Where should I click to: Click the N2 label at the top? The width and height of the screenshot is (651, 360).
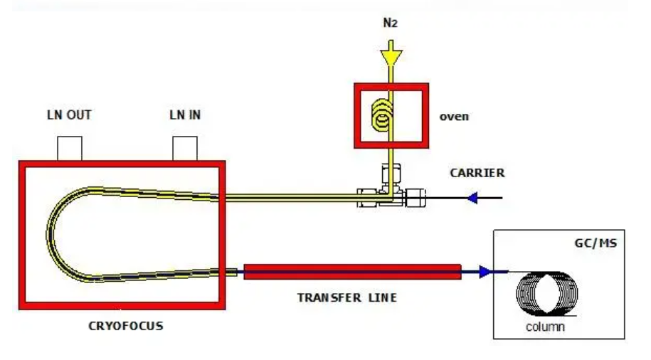(390, 23)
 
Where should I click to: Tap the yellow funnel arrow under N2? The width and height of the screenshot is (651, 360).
(390, 54)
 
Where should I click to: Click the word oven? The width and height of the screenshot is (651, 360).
(454, 116)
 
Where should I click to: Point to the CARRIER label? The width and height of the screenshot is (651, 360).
(477, 173)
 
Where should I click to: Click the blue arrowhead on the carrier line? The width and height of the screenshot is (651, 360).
(472, 198)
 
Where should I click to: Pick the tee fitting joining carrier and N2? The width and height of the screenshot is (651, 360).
(390, 196)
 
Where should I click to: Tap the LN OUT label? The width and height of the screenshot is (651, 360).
(69, 115)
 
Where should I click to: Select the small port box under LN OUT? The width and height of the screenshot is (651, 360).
(70, 148)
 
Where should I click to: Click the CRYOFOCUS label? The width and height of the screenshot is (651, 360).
(125, 326)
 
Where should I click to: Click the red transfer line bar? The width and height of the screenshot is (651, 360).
(351, 271)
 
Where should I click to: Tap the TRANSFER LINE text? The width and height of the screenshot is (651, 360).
(346, 297)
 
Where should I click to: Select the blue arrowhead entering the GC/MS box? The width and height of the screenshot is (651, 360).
(485, 271)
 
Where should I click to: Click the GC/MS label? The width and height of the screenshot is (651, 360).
(596, 243)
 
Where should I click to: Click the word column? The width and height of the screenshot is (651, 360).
(545, 327)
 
